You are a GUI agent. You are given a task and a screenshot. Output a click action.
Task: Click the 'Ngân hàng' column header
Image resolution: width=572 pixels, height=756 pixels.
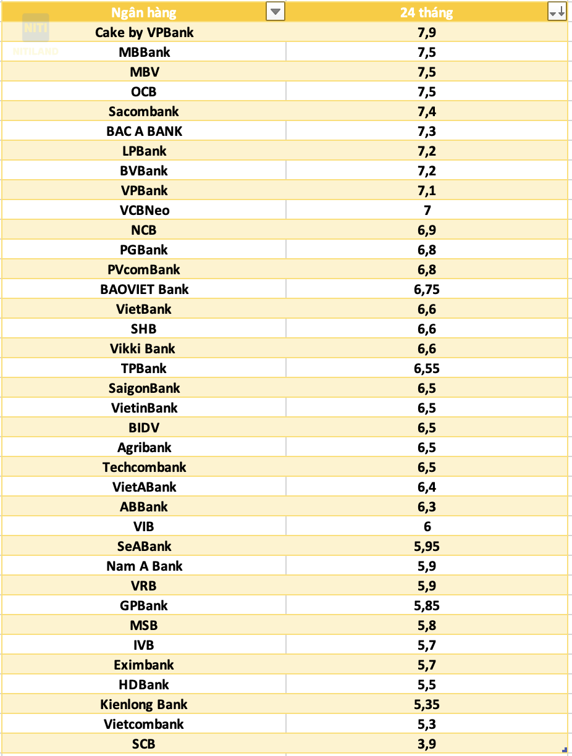coord(143,12)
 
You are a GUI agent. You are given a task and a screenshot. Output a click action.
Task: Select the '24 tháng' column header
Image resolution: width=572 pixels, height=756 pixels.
coord(426,12)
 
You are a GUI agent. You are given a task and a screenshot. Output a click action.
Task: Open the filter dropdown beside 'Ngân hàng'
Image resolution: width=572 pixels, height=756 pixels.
coord(275,12)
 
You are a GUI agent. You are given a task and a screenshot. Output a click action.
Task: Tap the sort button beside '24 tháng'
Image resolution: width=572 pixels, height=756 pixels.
coord(557,12)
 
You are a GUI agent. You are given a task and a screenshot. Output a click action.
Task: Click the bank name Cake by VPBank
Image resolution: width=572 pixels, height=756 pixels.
coord(144,32)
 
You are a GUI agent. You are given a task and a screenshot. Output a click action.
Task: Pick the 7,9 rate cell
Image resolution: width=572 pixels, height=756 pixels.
coord(426,32)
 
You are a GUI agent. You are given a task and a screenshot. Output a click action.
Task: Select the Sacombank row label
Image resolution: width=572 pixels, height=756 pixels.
coord(144,111)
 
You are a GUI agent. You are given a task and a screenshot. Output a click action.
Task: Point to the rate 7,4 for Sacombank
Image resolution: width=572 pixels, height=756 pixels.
coord(426,111)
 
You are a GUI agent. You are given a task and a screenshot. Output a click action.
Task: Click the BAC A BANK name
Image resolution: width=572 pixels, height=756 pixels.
coord(144,131)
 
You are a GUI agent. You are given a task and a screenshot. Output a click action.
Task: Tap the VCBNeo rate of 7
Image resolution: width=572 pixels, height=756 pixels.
coord(427,210)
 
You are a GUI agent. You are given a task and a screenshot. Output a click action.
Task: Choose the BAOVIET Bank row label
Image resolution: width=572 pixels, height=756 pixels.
coord(144,289)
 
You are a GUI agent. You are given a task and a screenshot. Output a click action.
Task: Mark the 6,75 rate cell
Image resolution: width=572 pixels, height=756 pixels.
coord(426,289)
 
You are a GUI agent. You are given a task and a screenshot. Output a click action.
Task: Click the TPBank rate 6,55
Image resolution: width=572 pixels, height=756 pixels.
coord(426,368)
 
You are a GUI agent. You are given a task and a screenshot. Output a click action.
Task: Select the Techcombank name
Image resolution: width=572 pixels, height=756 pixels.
coord(144,467)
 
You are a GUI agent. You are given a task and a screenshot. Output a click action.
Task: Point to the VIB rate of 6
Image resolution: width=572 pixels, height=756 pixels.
coord(427,526)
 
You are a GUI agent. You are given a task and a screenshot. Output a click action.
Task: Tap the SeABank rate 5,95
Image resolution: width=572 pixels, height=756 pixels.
coord(426,546)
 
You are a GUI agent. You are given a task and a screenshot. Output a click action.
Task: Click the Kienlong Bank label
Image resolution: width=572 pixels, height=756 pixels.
coord(144,704)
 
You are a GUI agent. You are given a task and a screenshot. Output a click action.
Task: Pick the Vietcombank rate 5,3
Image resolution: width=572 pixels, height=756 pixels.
coord(426,724)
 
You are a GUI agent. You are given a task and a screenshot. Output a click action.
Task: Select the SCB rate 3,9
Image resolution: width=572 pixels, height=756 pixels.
coord(426,744)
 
